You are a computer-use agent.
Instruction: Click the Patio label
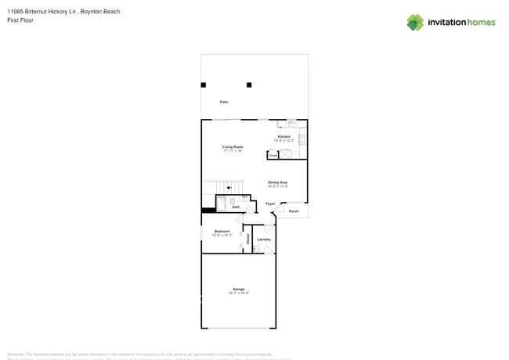coord(224,103)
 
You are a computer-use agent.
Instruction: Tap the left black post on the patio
coord(204,85)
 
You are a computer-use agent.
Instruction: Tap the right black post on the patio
coord(250,85)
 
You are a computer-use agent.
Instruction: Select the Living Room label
coord(233,146)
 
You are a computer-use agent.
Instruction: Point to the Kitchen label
coord(283,137)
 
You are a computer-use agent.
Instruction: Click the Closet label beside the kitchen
coord(273,156)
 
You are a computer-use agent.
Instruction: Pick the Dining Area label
coord(278,182)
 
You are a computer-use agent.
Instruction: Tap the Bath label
coord(236,207)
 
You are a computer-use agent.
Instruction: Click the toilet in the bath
coord(233,201)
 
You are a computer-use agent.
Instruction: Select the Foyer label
coord(270,203)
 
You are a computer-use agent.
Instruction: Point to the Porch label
coord(294,211)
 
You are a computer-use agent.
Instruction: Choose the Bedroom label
coord(222,231)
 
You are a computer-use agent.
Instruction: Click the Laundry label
coord(264,239)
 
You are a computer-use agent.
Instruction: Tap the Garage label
coord(238,289)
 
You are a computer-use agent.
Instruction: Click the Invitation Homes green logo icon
coord(415,22)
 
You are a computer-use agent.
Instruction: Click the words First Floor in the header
coord(20,20)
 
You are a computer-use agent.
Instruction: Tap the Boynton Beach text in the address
coord(101,12)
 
